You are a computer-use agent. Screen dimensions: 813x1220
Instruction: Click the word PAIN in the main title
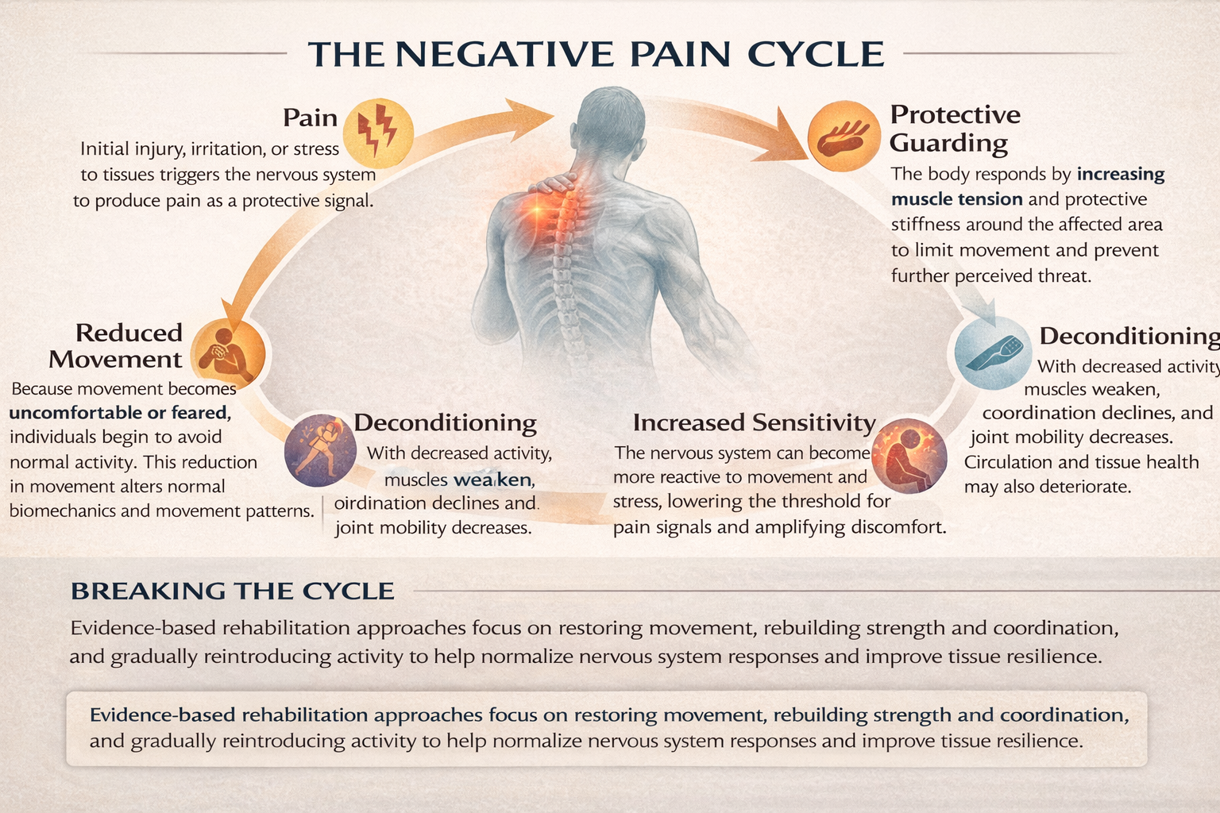click(681, 55)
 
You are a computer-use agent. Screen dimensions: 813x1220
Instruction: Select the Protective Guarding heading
click(955, 128)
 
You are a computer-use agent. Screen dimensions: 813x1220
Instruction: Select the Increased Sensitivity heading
click(754, 422)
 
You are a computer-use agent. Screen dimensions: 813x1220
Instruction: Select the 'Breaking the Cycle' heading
click(232, 591)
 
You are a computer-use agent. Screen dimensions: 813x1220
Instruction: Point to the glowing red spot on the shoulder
click(536, 211)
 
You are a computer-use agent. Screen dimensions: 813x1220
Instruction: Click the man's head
click(612, 127)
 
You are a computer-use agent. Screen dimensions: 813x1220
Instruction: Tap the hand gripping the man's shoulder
click(555, 182)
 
